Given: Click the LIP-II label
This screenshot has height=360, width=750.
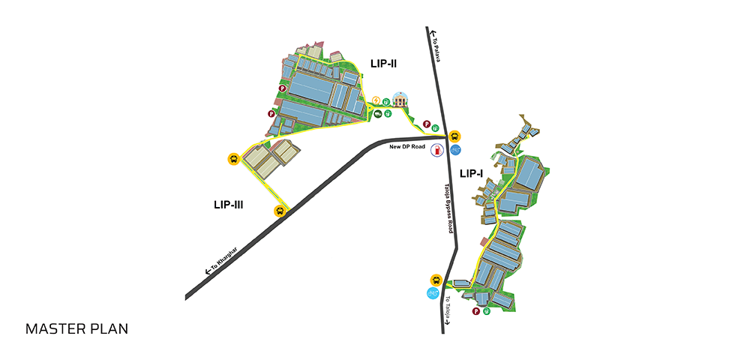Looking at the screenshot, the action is point(383,63).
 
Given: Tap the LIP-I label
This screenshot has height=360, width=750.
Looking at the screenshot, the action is point(471,174).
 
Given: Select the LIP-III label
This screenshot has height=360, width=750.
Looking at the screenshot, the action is point(229,205).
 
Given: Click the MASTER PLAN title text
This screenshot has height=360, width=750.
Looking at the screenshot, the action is point(76,329).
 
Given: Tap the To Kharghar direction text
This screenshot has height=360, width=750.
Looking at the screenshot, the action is point(221,259).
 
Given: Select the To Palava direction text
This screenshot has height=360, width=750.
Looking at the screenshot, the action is point(435,46).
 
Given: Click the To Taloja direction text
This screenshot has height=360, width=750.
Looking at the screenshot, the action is point(448,311).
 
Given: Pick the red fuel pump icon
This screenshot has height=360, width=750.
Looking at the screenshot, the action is point(437,150).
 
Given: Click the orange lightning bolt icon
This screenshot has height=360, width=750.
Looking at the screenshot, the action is point(376,100).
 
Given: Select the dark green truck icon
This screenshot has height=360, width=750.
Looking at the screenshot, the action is point(378,113).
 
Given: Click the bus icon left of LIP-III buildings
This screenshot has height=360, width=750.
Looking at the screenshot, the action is point(233,159).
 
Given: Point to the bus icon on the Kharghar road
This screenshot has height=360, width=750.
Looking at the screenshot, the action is point(280,211).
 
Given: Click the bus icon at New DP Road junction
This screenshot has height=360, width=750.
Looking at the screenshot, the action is point(454,136).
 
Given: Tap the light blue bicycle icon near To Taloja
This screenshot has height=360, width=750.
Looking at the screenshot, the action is point(433,293).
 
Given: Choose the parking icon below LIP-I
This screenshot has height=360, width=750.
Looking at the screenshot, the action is point(476,312).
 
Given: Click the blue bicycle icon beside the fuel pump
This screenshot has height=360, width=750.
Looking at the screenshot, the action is point(455,150).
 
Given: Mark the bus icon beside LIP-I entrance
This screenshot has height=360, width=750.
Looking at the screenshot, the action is point(436,280).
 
